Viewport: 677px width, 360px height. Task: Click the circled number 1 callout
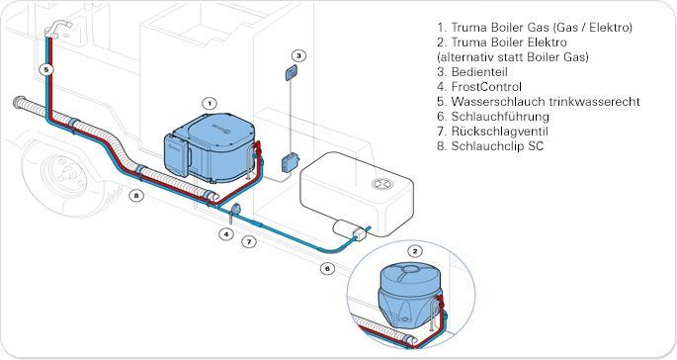(x=210, y=103)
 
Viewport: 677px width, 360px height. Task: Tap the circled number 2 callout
(x=415, y=251)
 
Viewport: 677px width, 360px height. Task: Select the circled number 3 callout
(x=298, y=55)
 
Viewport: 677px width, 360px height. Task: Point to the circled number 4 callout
(x=225, y=234)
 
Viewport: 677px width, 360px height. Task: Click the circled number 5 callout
(x=46, y=69)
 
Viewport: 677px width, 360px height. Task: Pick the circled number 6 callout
(x=327, y=268)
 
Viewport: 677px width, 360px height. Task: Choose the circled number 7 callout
(x=249, y=241)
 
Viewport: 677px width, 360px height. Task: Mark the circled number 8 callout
(x=136, y=196)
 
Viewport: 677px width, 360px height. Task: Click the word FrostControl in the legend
(x=486, y=87)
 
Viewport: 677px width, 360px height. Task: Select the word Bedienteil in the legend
(x=479, y=72)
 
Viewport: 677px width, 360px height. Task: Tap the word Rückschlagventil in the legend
(x=500, y=132)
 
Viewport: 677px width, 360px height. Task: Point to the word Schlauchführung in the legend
(x=500, y=117)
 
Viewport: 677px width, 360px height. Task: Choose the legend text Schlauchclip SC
(x=497, y=146)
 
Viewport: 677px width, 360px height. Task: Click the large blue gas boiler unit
(x=210, y=147)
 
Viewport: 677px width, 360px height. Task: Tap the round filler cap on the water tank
(x=382, y=184)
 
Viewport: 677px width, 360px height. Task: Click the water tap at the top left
(x=57, y=28)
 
